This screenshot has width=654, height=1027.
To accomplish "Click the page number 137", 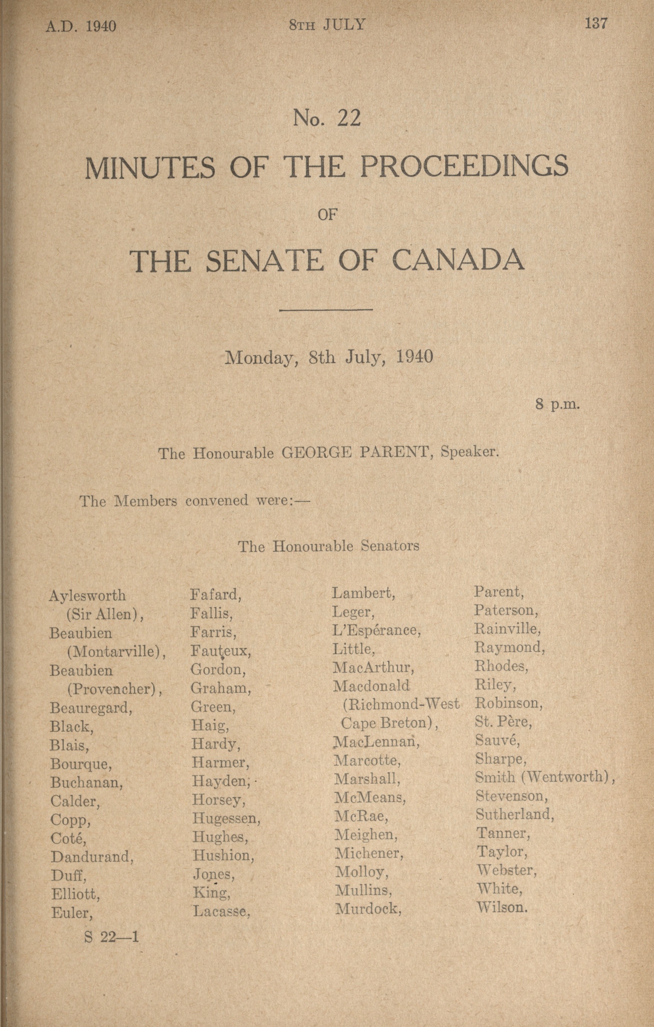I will click(x=596, y=23).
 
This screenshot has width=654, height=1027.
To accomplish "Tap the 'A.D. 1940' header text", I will click(x=81, y=26).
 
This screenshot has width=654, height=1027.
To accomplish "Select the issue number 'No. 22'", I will click(x=326, y=118).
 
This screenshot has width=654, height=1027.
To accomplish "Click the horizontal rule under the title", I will click(x=326, y=310).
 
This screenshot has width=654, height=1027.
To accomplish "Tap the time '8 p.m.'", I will click(x=558, y=404).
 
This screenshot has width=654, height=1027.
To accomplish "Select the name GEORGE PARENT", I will click(x=354, y=452).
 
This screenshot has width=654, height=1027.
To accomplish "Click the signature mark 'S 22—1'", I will click(x=112, y=937).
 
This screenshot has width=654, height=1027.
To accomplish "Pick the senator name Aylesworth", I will click(x=87, y=595).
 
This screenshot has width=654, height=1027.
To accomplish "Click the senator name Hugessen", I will click(x=226, y=818).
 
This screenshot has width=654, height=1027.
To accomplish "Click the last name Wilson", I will click(x=502, y=907).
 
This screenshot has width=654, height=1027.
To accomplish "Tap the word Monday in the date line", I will click(x=261, y=357).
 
